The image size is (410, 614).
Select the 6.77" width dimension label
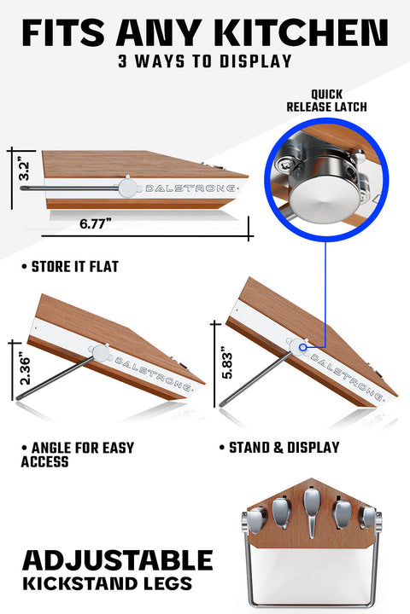point(96,223)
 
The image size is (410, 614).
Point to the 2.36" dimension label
point(24,370)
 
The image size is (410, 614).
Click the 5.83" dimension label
point(226,362)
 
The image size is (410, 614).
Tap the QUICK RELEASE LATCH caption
point(326,101)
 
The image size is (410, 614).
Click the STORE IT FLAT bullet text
point(70,267)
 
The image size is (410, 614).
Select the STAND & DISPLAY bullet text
point(279,448)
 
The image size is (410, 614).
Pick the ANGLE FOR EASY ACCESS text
point(78,455)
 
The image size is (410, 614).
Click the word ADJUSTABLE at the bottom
point(117,560)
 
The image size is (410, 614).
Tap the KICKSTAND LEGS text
point(107,584)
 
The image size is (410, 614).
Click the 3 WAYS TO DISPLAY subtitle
point(205,61)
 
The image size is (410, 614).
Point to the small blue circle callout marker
point(302,347)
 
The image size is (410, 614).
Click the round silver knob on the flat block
point(127,188)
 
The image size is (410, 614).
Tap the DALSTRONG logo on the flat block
point(191,188)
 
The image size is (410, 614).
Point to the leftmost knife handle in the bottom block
point(256,520)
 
